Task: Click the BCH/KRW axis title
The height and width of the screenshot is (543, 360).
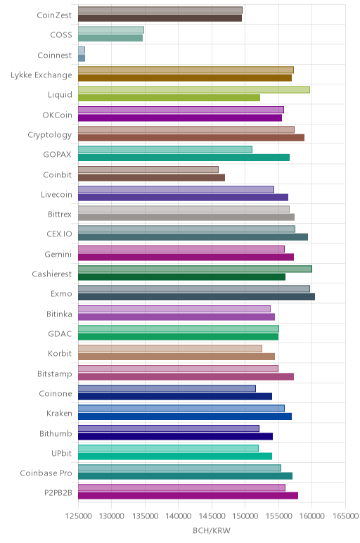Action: pos(211,530)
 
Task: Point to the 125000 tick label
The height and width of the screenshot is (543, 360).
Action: pos(79,516)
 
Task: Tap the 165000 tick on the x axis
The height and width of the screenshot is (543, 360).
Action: pos(345,516)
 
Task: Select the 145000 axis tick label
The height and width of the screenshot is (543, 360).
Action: pos(212,516)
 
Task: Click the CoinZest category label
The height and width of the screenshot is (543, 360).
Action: pos(54,15)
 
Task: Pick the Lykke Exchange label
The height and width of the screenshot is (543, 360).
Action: pos(41,75)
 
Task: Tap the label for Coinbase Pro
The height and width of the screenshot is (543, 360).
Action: pos(46,473)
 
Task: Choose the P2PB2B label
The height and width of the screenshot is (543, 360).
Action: pos(58,493)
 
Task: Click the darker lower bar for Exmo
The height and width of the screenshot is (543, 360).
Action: pos(197,297)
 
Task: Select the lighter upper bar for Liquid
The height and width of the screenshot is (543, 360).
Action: pos(194,90)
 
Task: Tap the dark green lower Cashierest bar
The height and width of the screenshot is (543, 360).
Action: pos(181,277)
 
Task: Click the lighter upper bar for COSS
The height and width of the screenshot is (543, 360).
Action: pos(111,30)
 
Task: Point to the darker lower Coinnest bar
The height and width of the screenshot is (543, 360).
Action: pos(82,58)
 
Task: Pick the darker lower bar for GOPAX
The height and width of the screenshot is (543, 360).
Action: pos(184,158)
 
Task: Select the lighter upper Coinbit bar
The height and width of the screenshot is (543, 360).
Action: pos(148,170)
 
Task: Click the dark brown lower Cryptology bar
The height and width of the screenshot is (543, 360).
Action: pos(191,137)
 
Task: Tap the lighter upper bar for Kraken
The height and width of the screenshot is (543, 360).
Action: pos(181,408)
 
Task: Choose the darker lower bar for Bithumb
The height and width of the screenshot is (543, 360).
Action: pos(176,436)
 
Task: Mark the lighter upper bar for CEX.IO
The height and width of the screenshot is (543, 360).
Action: pos(186,229)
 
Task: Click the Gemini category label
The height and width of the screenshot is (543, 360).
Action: pos(58,255)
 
